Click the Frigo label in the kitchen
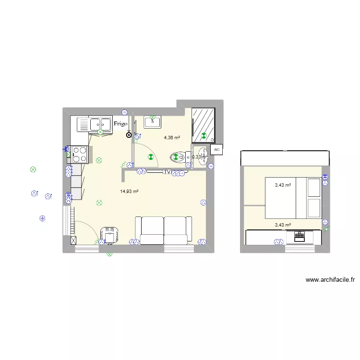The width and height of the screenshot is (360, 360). pos(120,123)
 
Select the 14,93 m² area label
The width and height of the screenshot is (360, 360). pos(129,191)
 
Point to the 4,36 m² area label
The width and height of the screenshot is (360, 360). pos(172,137)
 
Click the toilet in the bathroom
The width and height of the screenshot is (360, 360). pos(179,157)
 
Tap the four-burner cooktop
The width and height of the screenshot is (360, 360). pos(80,154)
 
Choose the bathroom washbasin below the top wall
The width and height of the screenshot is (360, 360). pos(153,122)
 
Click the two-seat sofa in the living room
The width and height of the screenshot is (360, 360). pos(164,230)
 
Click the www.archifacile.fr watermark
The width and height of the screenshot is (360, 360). pos(330,280)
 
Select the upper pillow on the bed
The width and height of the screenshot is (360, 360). pos(314,187)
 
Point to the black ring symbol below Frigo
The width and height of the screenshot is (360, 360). pos(129,135)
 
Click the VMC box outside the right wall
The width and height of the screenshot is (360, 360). pos(216,150)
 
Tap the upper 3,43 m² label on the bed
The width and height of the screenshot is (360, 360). pos(283,185)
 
